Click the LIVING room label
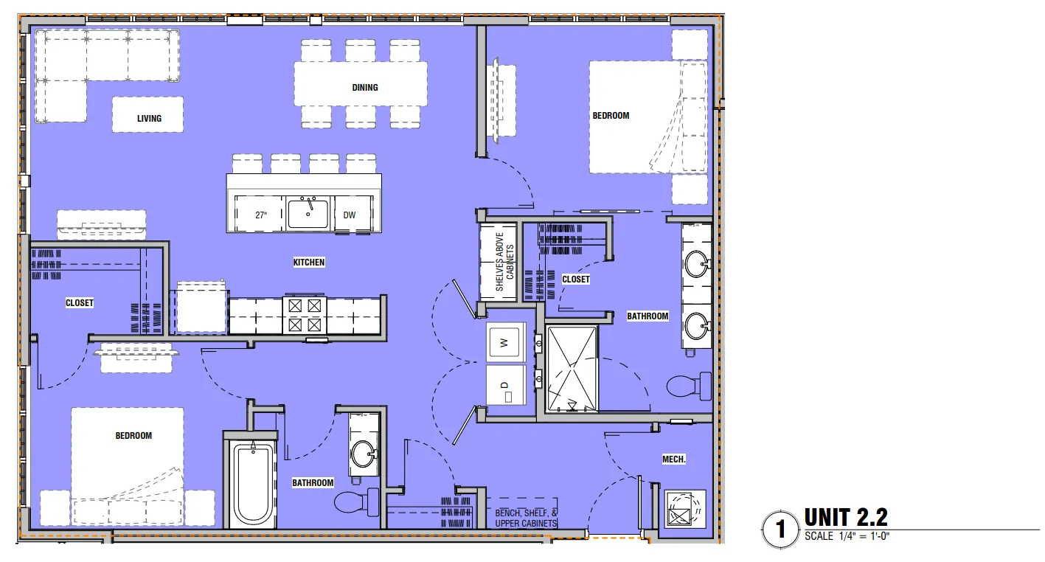click(x=149, y=119)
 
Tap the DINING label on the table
click(x=365, y=87)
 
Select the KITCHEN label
click(x=309, y=262)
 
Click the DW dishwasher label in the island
click(x=350, y=215)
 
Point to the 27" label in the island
click(x=261, y=215)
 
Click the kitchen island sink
click(x=308, y=212)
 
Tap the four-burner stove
click(x=305, y=315)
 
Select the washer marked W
click(x=505, y=342)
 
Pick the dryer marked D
click(x=506, y=385)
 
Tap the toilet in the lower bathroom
click(x=358, y=502)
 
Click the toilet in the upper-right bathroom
click(x=689, y=386)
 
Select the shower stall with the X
click(x=572, y=369)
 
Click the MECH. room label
click(x=673, y=459)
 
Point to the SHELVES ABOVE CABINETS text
click(x=504, y=262)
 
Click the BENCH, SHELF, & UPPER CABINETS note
click(x=526, y=518)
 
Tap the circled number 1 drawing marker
click(x=780, y=530)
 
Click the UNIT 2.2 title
click(x=846, y=517)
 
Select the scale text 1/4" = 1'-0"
click(x=864, y=536)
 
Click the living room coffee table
click(x=148, y=114)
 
